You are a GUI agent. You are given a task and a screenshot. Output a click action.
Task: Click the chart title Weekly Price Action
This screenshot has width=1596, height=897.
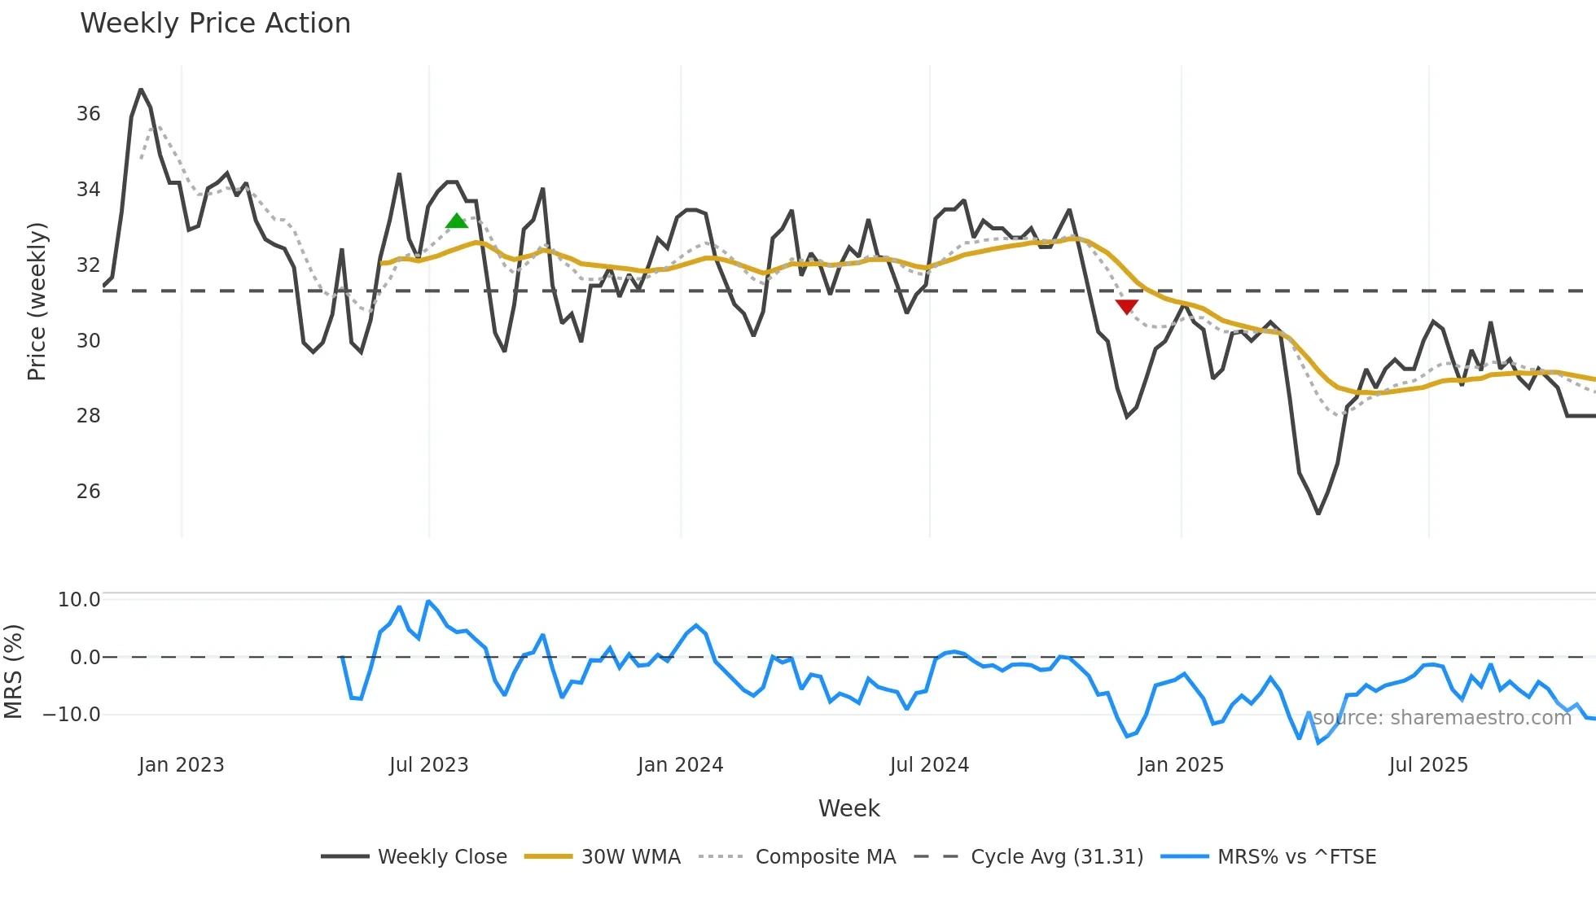tap(215, 24)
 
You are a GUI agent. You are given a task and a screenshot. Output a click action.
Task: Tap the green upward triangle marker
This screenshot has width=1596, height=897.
tap(457, 221)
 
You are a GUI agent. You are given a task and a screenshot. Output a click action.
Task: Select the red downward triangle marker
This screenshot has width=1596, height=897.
tap(1126, 306)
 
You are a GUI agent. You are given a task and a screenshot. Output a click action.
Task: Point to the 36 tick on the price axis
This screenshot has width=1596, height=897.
tap(89, 114)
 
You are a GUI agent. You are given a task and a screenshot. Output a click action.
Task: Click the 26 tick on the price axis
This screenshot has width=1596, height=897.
tap(89, 492)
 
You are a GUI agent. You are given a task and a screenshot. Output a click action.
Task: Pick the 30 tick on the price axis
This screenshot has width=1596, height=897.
tap(89, 341)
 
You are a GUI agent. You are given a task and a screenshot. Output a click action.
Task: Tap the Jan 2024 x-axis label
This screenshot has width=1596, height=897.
tap(680, 765)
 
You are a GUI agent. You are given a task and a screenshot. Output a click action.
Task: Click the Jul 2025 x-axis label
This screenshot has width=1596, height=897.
tap(1428, 765)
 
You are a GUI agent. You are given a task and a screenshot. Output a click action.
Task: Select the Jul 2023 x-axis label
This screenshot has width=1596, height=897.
tap(429, 765)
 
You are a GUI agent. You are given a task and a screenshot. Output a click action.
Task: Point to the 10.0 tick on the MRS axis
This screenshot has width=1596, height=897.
tap(79, 600)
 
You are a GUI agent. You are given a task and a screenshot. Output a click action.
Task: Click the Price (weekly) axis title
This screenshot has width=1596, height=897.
tap(37, 301)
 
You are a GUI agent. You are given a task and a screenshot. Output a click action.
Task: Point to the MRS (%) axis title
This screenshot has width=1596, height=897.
tap(14, 672)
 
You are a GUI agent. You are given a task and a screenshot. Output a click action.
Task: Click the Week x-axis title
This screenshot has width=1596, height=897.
tap(848, 808)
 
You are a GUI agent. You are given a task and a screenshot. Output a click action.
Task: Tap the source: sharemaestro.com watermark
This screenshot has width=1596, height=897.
tap(1441, 718)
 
